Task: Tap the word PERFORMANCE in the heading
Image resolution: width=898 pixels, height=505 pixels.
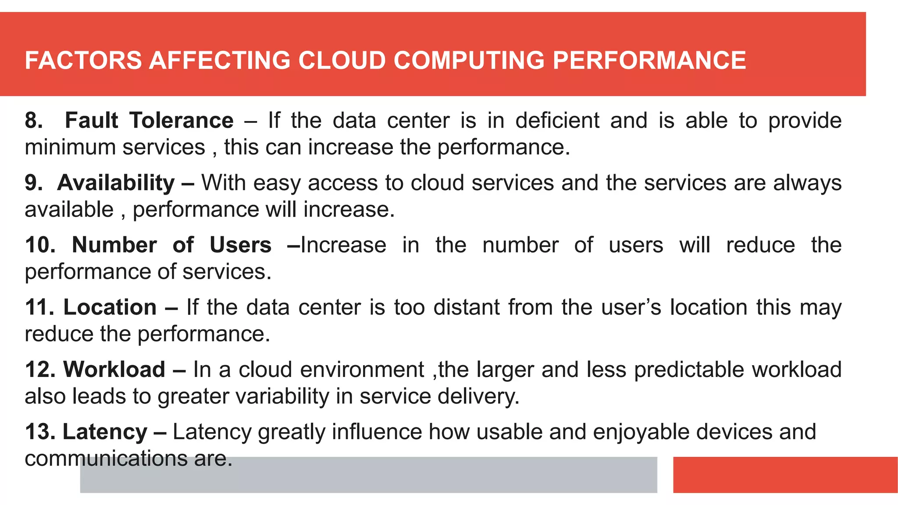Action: pyautogui.click(x=649, y=60)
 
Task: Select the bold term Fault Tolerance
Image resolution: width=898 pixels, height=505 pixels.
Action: pyautogui.click(x=149, y=121)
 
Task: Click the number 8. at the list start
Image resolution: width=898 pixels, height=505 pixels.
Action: pyautogui.click(x=34, y=121)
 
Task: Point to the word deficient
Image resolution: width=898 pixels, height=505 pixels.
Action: pyautogui.click(x=557, y=121)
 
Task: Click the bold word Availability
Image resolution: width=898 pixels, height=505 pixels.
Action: pyautogui.click(x=116, y=183)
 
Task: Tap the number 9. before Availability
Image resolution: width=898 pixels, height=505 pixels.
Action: pyautogui.click(x=34, y=183)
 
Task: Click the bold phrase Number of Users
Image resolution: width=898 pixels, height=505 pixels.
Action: pyautogui.click(x=171, y=245)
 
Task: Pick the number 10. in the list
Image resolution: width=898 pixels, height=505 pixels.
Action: pyautogui.click(x=40, y=245)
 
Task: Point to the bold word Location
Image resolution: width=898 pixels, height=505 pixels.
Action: pyautogui.click(x=110, y=307)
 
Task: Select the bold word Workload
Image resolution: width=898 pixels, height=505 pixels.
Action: pyautogui.click(x=114, y=370)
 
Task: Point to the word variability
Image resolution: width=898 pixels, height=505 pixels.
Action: pyautogui.click(x=282, y=396)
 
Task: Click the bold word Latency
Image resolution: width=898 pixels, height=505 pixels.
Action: pyautogui.click(x=105, y=432)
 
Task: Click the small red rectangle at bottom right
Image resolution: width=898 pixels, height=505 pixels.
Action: pyautogui.click(x=785, y=475)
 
